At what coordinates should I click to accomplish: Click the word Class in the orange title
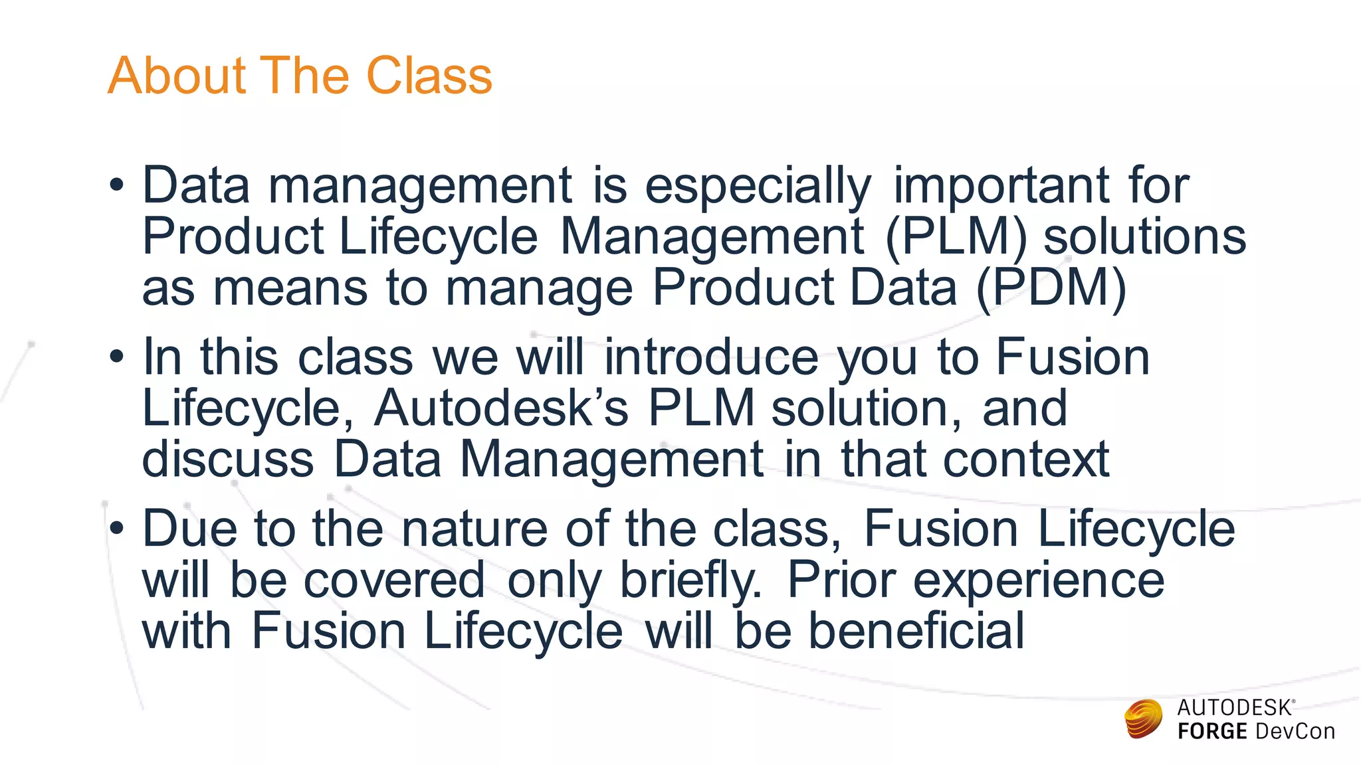click(x=429, y=76)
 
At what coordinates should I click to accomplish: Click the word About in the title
click(x=177, y=76)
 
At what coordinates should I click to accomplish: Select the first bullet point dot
click(x=117, y=185)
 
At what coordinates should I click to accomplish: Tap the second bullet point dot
click(x=117, y=357)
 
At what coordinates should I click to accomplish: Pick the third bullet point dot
click(x=117, y=529)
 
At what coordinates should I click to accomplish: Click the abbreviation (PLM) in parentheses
click(x=956, y=236)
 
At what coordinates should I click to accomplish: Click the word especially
click(x=758, y=186)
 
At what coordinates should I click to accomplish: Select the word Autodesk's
click(x=501, y=408)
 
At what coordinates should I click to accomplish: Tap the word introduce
click(x=711, y=357)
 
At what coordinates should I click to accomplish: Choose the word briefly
click(x=690, y=580)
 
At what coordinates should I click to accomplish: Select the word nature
click(x=474, y=529)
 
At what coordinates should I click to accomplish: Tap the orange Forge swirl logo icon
click(x=1143, y=719)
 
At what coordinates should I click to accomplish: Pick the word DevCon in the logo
click(x=1295, y=732)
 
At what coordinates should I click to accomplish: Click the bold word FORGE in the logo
click(x=1212, y=732)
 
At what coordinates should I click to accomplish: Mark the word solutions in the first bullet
click(x=1144, y=236)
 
